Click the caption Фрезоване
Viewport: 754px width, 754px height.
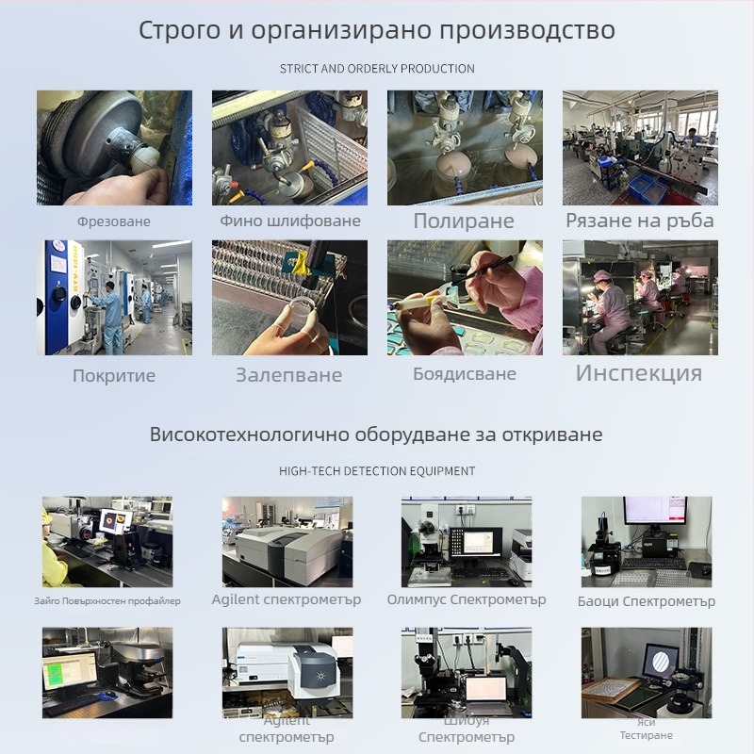[114, 221]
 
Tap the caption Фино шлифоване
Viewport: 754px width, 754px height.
[290, 221]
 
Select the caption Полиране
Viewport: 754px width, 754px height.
[464, 221]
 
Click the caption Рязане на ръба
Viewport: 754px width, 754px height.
[640, 221]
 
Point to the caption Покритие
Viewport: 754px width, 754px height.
[114, 375]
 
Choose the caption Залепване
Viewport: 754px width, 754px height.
[289, 375]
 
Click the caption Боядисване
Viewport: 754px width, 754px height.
[465, 374]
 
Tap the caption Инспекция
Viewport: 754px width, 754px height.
[639, 372]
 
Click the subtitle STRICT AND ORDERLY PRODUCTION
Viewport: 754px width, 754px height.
[377, 69]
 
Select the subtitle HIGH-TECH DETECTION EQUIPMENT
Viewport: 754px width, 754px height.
[377, 470]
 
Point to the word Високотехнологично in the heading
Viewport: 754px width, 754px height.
[250, 435]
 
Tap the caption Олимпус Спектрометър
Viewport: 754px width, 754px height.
[467, 599]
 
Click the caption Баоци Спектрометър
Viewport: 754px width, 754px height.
[647, 601]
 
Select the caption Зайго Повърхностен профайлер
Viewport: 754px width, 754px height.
[107, 600]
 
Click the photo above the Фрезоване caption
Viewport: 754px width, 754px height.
[114, 148]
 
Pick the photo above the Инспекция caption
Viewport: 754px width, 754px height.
[640, 298]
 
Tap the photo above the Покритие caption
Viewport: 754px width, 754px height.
[114, 298]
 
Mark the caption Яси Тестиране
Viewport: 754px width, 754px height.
[647, 729]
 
